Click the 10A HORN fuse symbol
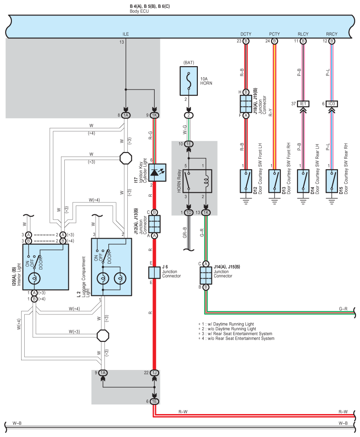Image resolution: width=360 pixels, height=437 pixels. pos(189,81)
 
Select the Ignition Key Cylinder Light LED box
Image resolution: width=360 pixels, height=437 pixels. pos(157,172)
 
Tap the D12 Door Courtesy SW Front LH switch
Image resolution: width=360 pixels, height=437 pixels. pos(246,181)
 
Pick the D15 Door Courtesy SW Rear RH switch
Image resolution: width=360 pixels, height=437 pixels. pos(332,181)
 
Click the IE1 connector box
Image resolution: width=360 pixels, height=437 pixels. pos(303,104)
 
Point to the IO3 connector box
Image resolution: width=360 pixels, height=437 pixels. pos(332,104)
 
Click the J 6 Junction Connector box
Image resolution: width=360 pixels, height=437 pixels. pos(154,273)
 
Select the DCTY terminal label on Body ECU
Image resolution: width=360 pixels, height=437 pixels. pos(246,34)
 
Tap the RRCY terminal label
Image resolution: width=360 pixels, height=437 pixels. pos(332,34)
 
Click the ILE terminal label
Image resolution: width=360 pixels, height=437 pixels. pos(126,34)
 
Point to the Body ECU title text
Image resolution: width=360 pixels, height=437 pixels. pos(139,11)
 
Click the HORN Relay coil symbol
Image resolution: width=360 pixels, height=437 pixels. pos(206,181)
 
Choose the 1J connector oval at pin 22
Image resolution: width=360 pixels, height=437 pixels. pos(155,373)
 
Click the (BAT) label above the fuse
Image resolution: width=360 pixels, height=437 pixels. pos(189,63)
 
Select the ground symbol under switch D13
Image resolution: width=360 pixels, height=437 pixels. pos(275,201)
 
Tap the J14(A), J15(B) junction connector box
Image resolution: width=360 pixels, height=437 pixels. pos(206,275)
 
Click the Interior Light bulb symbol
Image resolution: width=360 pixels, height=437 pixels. pos(34,278)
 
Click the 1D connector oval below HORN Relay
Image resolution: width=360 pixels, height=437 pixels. pos(189,213)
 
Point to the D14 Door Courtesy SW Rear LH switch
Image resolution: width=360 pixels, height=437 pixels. pos(303,181)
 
